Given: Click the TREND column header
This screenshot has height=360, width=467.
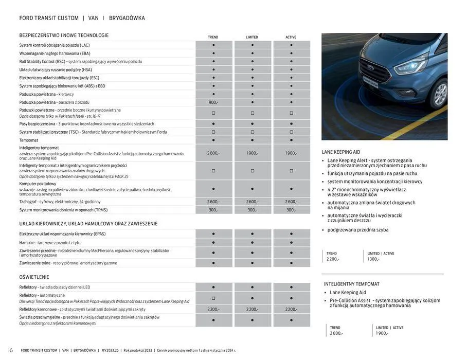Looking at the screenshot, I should [213, 37].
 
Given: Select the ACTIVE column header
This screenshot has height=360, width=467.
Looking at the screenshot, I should [291, 37].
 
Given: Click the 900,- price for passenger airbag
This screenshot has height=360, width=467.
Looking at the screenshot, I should [213, 102].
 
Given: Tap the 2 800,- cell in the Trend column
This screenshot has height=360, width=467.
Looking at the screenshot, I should [213, 153].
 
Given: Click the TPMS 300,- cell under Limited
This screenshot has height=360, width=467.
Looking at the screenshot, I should [252, 210].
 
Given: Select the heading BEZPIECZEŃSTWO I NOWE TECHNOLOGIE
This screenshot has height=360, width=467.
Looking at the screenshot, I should [64, 35].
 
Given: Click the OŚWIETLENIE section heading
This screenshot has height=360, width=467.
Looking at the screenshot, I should [34, 277].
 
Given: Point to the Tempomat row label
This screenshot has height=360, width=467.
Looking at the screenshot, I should [29, 140].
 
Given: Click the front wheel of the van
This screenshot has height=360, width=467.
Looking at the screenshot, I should [440, 94].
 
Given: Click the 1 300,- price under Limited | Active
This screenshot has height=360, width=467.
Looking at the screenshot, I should [373, 259].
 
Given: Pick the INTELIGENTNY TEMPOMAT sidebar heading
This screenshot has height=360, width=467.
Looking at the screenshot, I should [352, 284].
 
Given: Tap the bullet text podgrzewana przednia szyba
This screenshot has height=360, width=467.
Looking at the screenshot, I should [358, 230].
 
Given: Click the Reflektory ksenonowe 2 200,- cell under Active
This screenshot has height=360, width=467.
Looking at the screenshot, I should [291, 309].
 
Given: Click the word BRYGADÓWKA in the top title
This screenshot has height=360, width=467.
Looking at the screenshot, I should [127, 18].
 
